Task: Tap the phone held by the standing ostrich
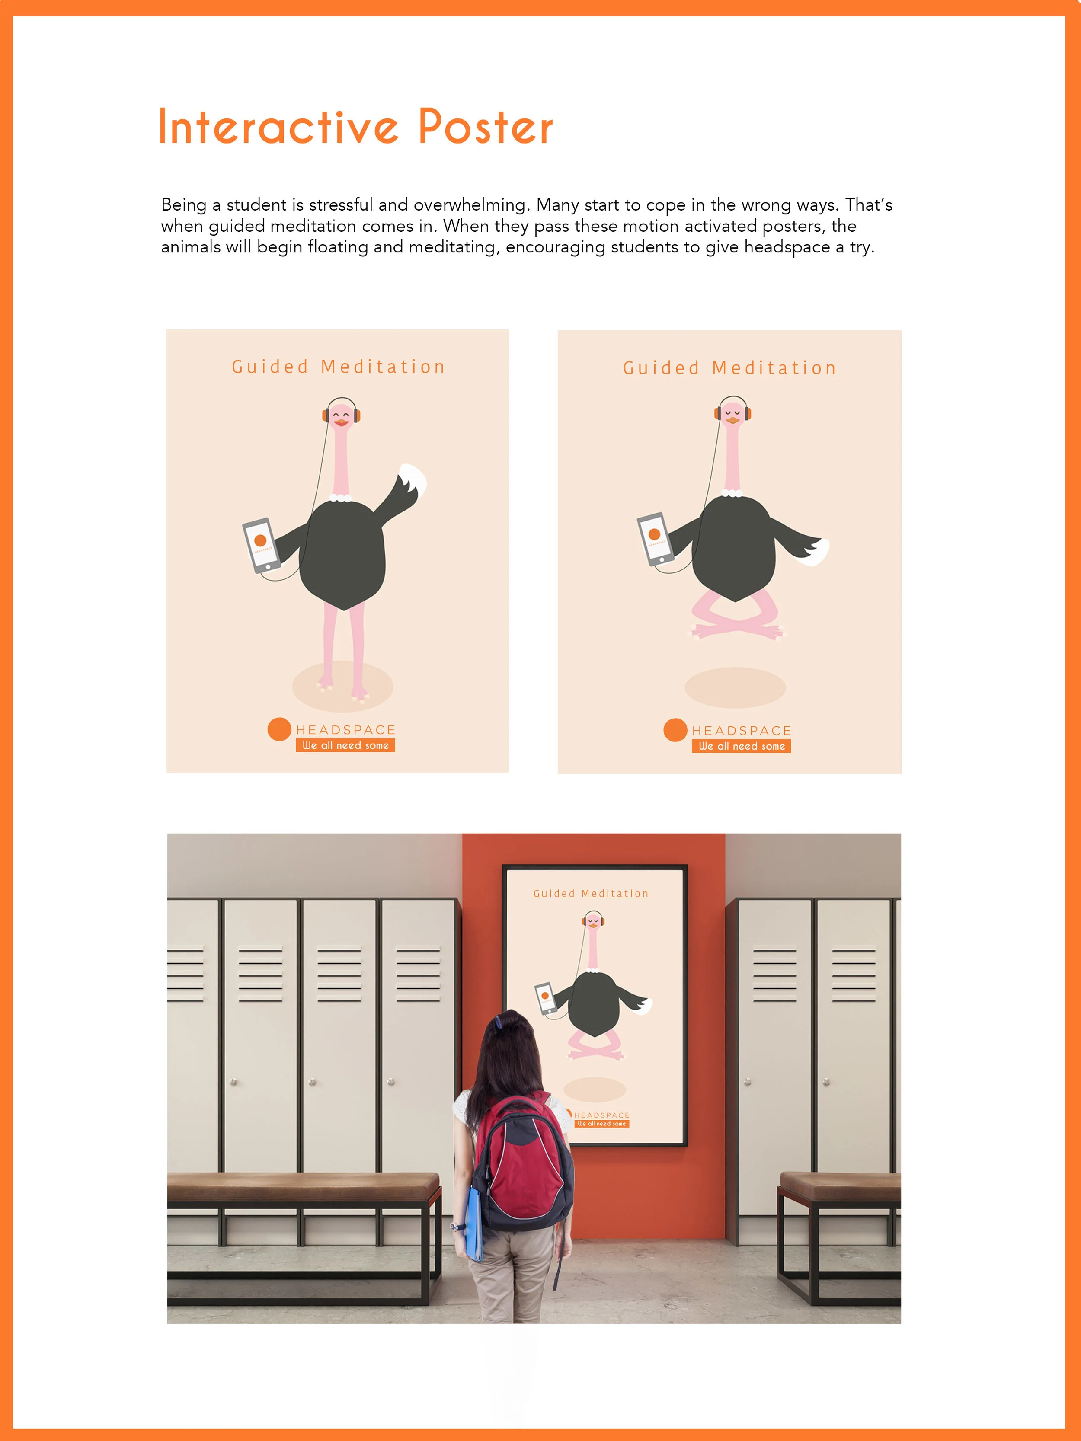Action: tap(261, 545)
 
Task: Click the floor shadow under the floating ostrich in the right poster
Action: tap(735, 687)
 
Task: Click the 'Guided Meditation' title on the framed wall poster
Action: tap(591, 893)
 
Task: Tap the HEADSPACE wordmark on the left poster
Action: tap(346, 730)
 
